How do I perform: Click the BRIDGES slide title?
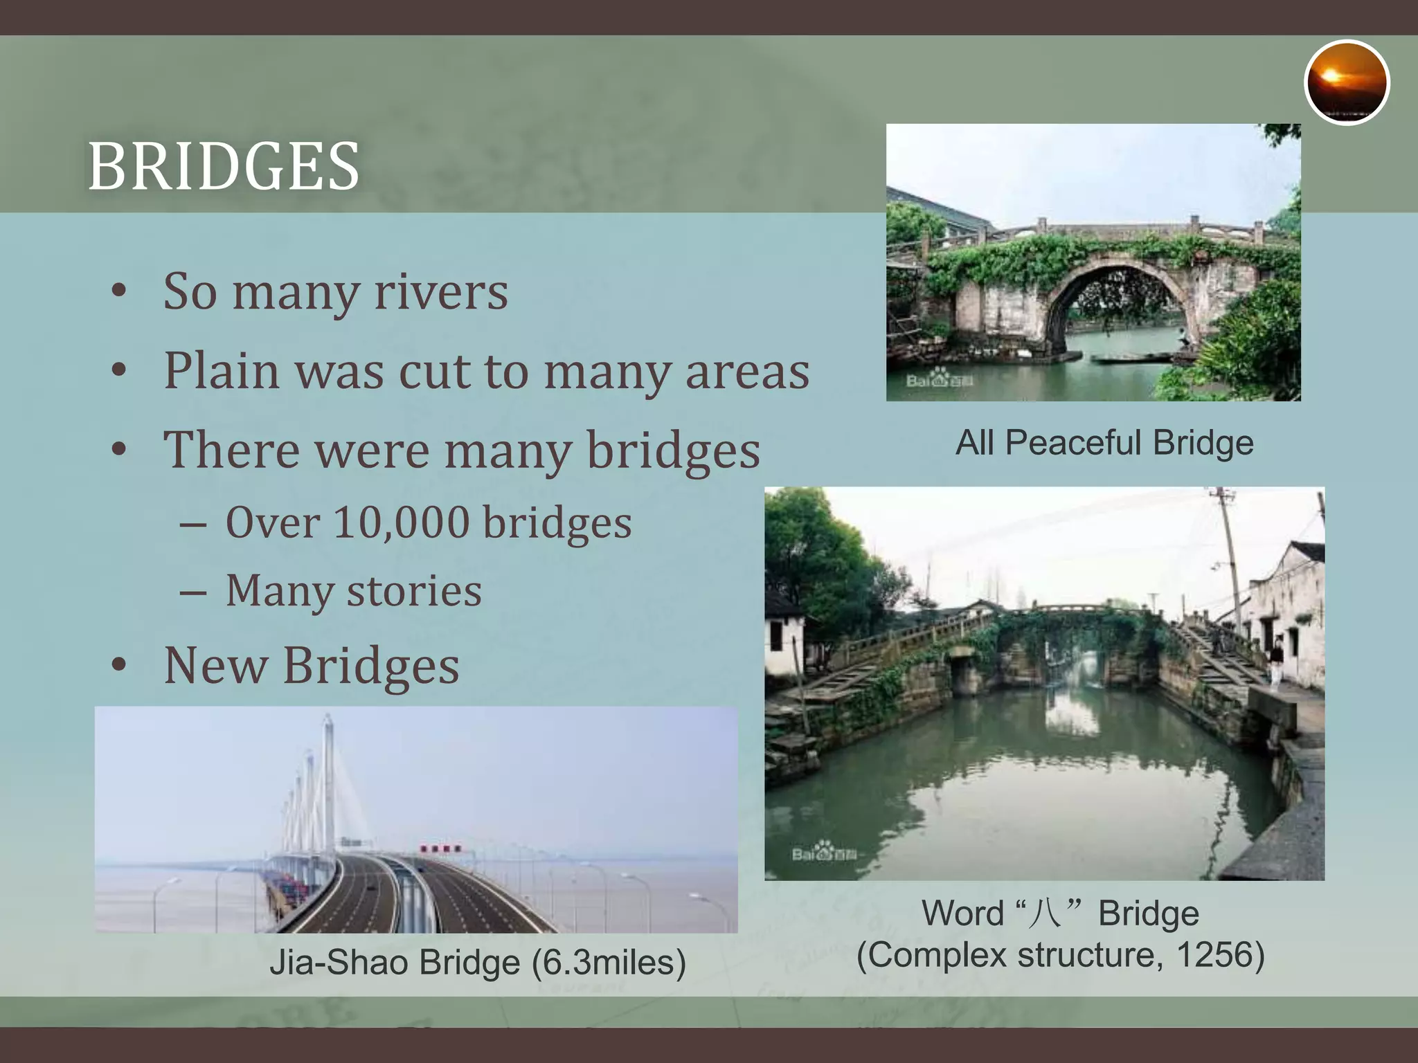point(223,166)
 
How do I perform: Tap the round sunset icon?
point(1346,82)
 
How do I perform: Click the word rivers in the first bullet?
point(441,291)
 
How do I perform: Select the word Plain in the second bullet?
point(222,371)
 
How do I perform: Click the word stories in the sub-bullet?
point(413,591)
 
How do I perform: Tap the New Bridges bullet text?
point(311,665)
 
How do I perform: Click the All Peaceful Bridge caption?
point(1104,443)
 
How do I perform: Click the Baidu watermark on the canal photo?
point(824,853)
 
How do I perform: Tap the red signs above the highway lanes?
point(440,848)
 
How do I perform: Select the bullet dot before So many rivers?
point(119,291)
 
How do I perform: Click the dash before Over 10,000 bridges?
point(192,525)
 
